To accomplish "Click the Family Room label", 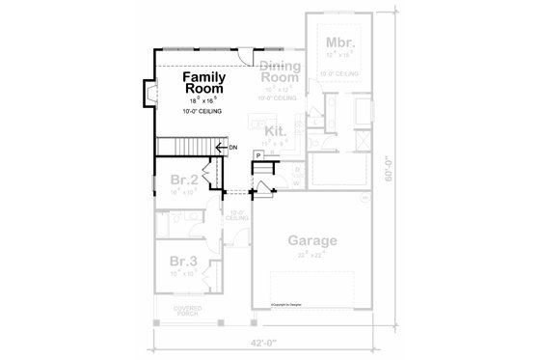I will (203, 81).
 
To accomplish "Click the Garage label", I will (310, 241).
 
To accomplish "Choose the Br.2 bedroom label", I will (185, 180).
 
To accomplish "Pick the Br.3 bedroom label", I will (184, 262).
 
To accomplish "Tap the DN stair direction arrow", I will (223, 147).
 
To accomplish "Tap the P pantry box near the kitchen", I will (259, 154).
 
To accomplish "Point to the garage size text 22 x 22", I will (310, 255).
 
